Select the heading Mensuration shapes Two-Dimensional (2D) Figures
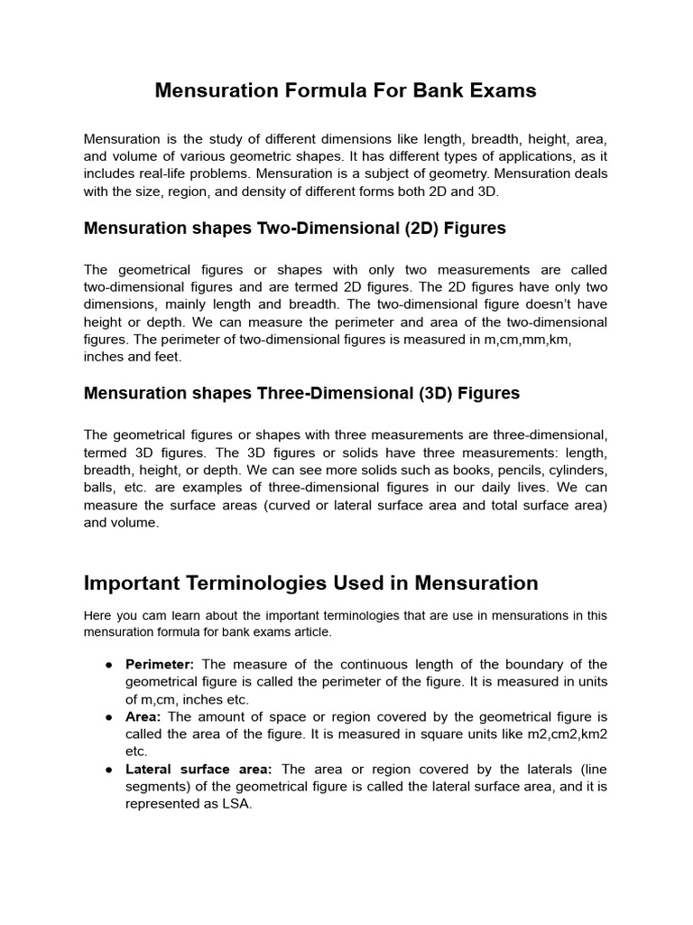coord(294,228)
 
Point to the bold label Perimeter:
coord(160,665)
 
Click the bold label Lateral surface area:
coord(199,769)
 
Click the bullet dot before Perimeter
coord(108,665)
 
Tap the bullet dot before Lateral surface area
coord(108,769)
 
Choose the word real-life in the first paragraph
coord(165,173)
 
